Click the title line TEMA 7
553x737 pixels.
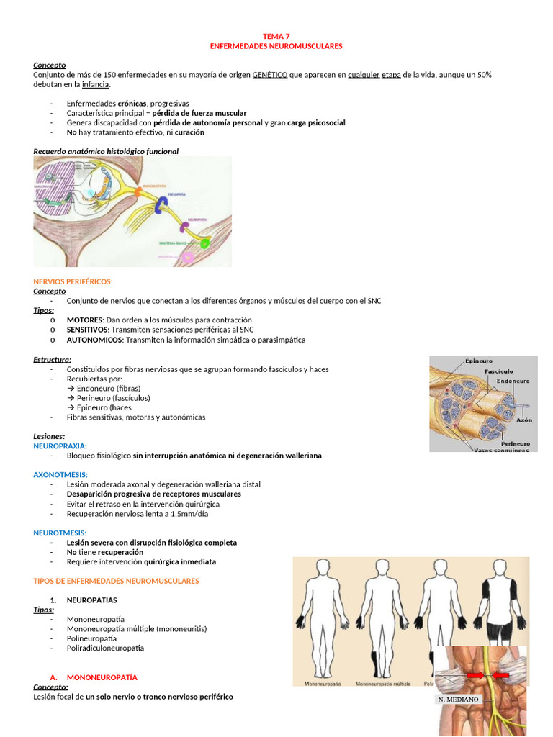[276, 35]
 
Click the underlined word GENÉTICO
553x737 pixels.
[270, 75]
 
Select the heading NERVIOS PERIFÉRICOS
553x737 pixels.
[73, 281]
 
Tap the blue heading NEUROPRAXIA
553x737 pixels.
[60, 446]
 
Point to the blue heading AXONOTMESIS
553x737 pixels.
[60, 474]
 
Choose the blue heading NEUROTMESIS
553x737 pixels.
[60, 533]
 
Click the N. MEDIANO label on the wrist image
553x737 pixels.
[458, 699]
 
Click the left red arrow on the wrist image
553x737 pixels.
[475, 675]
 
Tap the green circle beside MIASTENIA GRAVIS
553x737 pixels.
[205, 243]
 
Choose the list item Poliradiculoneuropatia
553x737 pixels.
[105, 648]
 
